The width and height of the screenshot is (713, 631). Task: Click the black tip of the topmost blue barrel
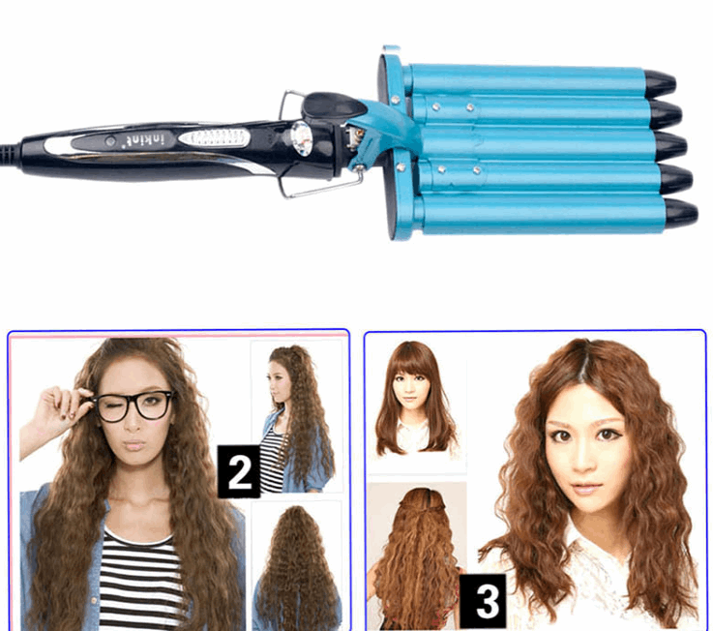(x=661, y=81)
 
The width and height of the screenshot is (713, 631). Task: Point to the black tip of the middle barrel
(x=670, y=146)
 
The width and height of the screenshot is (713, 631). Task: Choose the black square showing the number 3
(x=486, y=599)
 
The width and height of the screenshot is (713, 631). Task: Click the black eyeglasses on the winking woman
(x=135, y=405)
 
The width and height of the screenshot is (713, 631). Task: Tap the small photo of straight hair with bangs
(x=416, y=399)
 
